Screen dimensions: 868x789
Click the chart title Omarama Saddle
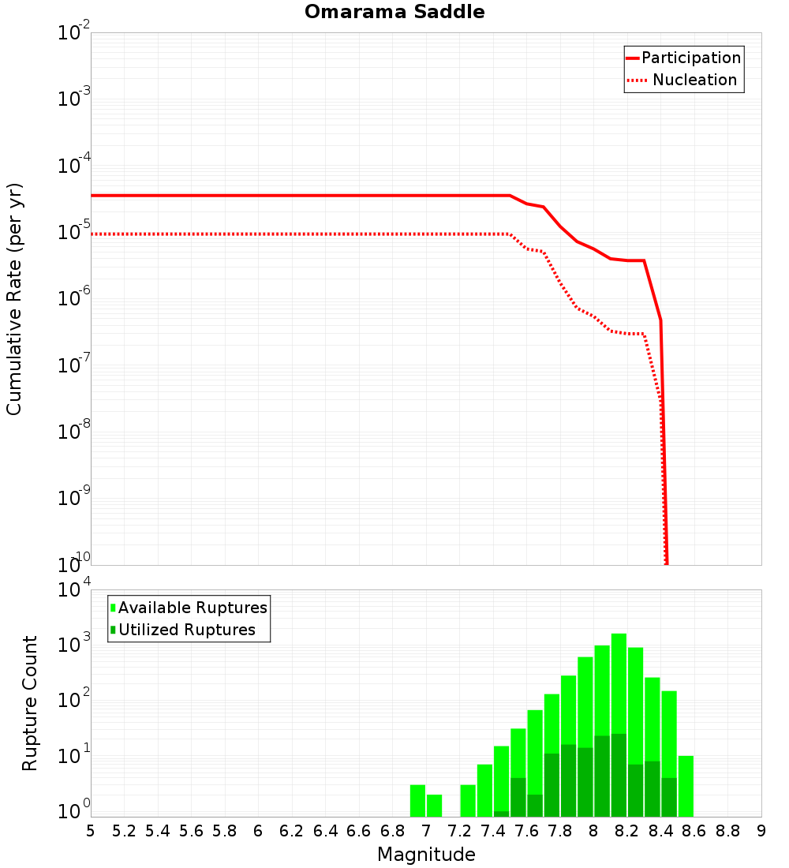click(x=394, y=12)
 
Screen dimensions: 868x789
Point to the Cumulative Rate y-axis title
click(x=14, y=298)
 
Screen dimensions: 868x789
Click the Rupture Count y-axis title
click(x=30, y=703)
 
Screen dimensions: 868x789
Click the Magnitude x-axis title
click(x=426, y=855)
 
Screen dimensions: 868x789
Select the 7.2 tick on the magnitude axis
click(x=459, y=831)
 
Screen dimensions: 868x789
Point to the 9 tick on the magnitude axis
click(x=761, y=831)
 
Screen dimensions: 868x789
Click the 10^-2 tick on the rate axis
click(x=74, y=34)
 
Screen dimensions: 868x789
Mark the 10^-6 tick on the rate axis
click(x=74, y=300)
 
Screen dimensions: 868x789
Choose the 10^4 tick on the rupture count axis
click(x=74, y=591)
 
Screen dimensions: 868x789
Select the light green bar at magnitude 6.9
click(x=417, y=800)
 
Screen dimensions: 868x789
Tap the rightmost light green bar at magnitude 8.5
click(x=686, y=786)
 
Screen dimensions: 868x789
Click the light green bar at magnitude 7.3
click(x=468, y=800)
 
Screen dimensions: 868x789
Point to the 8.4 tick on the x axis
click(x=660, y=831)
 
